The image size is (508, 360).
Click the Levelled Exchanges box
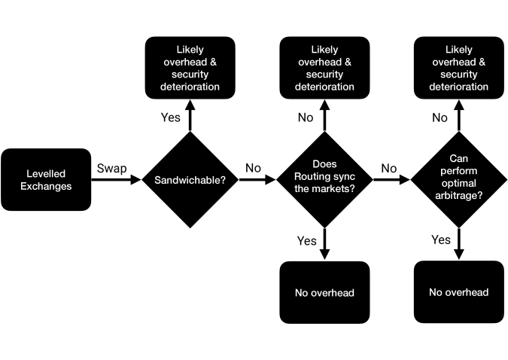pos(46,180)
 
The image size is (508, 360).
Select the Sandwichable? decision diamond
pos(190,180)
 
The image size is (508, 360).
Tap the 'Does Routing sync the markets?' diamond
pos(324,180)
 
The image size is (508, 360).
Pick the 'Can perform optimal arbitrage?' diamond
pos(459,180)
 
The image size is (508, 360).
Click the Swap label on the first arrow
pos(112,169)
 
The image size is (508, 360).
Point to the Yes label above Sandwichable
pos(170,117)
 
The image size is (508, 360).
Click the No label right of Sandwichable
pos(253,168)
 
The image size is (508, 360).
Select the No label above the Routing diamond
pos(306,117)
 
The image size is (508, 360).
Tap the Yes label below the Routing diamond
pos(306,241)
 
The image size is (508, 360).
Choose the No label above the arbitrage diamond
pos(440,117)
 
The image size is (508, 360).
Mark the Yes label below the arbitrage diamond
pos(440,239)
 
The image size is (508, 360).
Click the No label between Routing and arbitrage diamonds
pos(389,168)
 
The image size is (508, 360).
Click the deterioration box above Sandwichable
pos(190,68)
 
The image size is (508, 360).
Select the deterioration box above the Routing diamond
pos(324,68)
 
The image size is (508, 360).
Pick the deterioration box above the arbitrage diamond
pos(459,68)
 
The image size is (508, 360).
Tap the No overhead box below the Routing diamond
pos(324,292)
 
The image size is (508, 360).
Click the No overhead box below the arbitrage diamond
pos(459,292)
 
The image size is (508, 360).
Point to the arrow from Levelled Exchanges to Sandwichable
pos(117,179)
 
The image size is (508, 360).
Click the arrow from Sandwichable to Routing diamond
pos(257,179)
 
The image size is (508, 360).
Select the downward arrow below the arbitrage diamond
pos(459,244)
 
